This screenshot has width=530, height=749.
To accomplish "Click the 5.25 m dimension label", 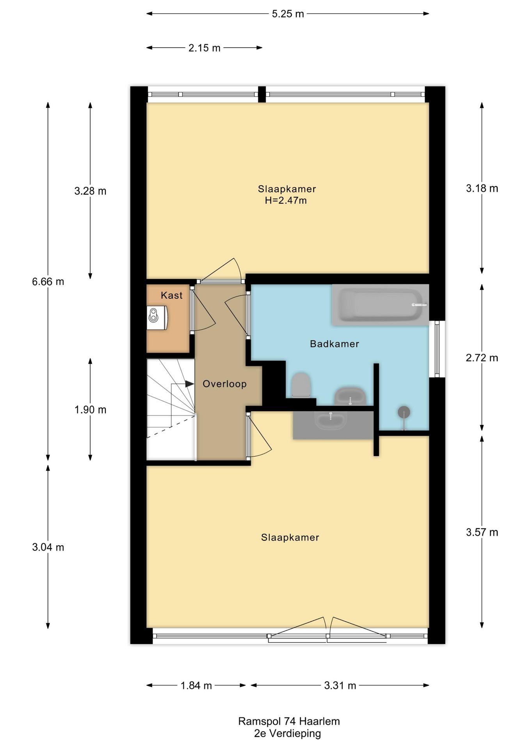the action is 288,14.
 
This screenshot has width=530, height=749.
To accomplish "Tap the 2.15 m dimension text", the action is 205,48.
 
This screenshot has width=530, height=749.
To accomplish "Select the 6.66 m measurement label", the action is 48,282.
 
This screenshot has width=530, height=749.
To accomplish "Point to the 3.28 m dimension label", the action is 90,191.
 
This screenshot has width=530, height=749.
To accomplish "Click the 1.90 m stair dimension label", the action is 90,410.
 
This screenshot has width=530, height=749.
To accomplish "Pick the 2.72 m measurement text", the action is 482,358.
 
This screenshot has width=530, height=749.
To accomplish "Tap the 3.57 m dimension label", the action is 482,532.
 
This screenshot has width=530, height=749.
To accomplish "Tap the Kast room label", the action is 172,295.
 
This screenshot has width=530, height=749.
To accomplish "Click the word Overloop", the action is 224,384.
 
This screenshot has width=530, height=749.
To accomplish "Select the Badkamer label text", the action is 334,344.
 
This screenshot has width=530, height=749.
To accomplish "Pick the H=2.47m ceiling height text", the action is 286,201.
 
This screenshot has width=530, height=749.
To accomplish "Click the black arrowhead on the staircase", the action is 190,384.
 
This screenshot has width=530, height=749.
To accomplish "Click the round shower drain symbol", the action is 404,412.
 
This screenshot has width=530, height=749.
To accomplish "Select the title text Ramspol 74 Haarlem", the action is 289,721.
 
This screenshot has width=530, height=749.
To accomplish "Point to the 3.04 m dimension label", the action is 48,547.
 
